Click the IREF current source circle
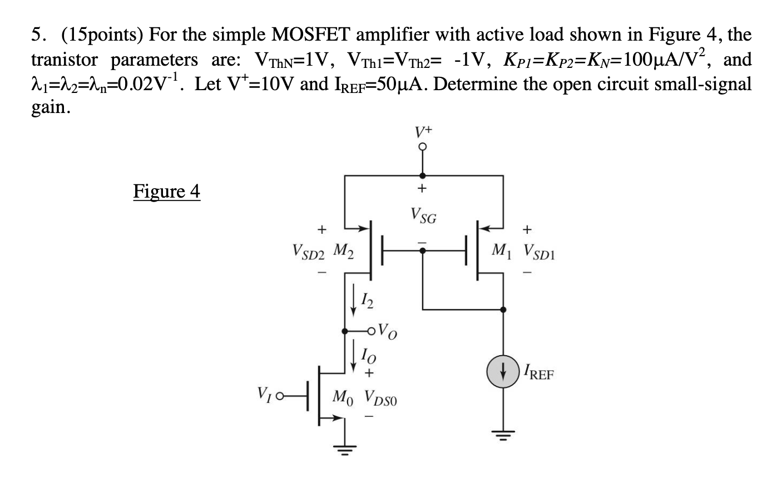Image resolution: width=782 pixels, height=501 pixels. coord(503,372)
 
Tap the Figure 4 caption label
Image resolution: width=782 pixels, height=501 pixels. coord(166,191)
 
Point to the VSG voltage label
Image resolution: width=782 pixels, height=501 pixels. coord(423,215)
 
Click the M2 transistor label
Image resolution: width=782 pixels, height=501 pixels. coord(344,250)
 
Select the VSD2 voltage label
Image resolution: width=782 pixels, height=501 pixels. coord(308,252)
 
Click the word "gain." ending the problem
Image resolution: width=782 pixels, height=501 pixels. coord(51,107)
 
